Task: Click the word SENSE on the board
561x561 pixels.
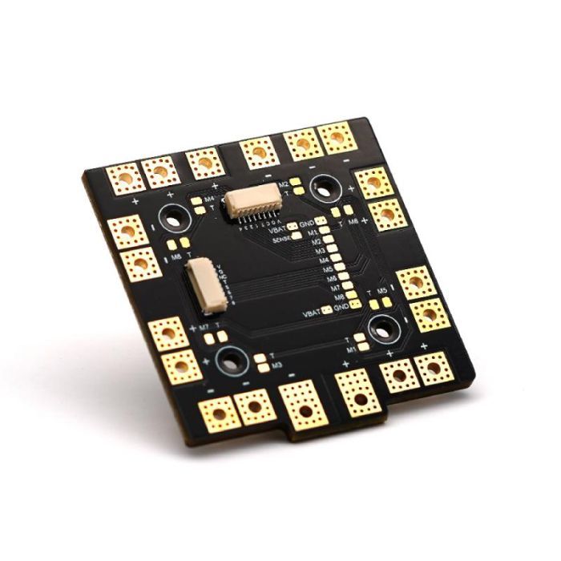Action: pos(282,239)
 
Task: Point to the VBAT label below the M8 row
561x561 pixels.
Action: pos(313,313)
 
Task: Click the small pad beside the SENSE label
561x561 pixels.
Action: pos(298,238)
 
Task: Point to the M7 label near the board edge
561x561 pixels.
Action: pos(204,327)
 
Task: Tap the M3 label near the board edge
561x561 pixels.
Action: pos(276,365)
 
